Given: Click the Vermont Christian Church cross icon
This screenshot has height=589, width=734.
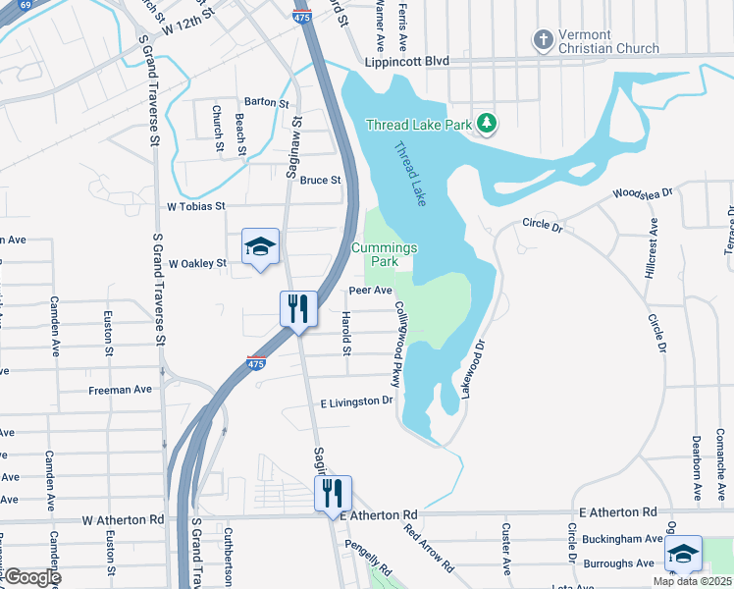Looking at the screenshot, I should (x=543, y=40).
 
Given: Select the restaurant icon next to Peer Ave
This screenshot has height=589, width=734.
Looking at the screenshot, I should (x=296, y=308).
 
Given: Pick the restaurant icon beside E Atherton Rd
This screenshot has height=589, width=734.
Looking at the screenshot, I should (x=331, y=493).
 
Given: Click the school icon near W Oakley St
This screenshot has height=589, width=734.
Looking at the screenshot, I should (x=261, y=246).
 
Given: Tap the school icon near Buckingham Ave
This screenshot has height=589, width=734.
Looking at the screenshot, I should (x=683, y=554).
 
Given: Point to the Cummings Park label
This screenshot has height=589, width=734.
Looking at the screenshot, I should (x=385, y=255).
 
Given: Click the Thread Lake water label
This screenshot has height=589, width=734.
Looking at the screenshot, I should (x=410, y=175).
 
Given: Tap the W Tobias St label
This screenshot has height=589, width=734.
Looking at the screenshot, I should (x=196, y=206).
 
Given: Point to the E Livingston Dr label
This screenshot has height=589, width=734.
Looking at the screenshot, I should (x=356, y=402).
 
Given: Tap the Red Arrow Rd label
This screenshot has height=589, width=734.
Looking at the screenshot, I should (x=429, y=547).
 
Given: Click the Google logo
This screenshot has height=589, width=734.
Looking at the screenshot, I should (x=31, y=577).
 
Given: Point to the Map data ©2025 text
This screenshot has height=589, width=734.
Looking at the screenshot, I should (x=692, y=581).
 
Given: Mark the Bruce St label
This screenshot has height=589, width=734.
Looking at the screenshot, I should (x=320, y=180).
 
